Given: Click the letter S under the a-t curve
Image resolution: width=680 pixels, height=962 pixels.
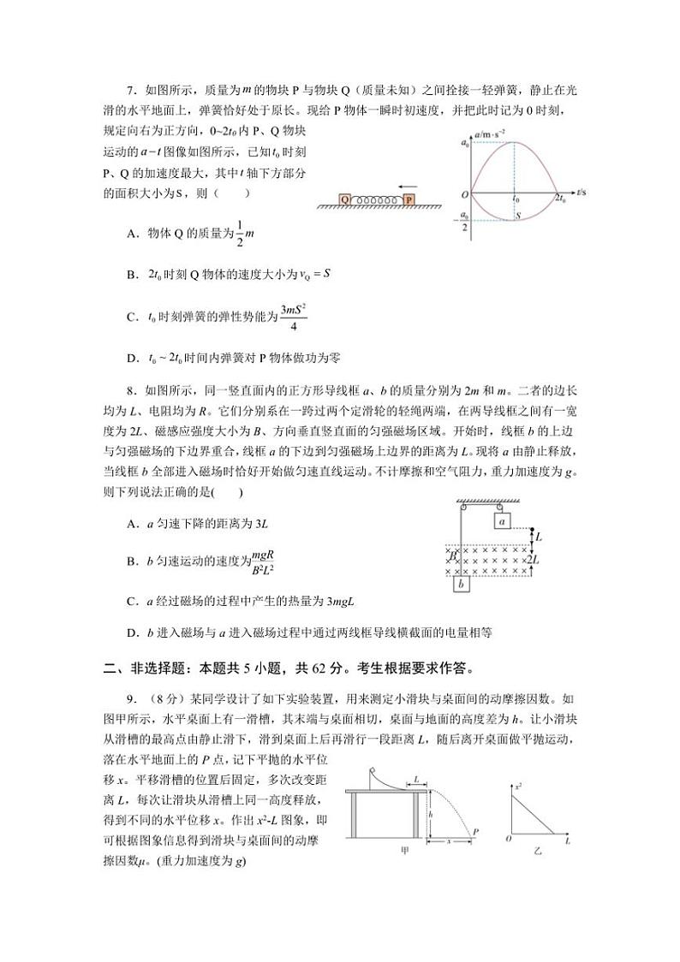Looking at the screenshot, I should coord(518,217).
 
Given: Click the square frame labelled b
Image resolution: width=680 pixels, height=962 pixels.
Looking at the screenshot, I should coord(462,585).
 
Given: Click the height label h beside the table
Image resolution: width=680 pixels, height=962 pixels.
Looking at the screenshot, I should coord(430,816).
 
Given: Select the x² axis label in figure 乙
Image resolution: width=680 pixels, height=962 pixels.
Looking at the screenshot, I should coord(519,784).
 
